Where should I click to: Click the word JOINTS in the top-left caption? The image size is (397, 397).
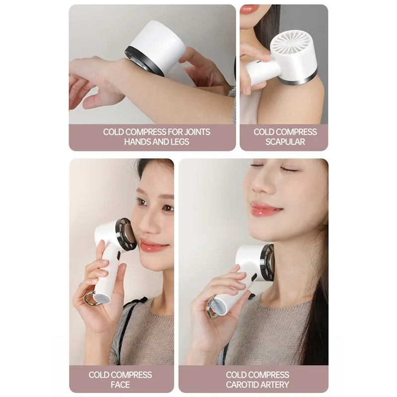pos(197,132)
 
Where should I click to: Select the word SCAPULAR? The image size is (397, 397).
pos(285,141)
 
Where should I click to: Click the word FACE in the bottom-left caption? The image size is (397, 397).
pos(120,384)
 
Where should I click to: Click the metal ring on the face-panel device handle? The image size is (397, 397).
pos(90,299)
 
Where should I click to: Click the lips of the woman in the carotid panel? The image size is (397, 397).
pos(266,209)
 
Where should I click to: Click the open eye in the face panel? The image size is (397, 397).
pos(141,202)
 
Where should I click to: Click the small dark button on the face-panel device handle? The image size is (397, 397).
pos(118,255)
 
